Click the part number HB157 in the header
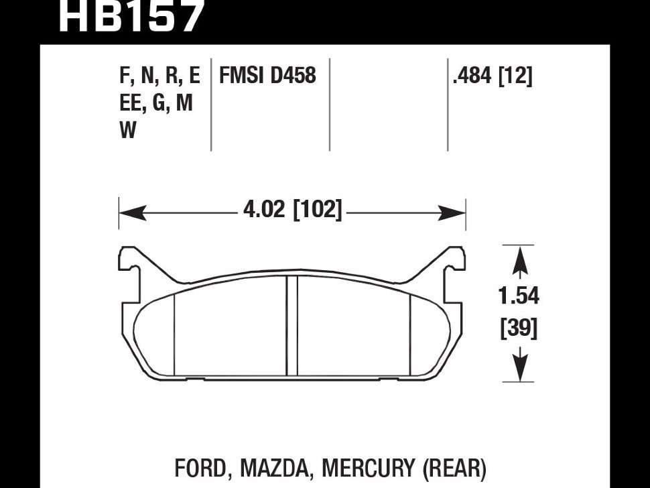click(131, 17)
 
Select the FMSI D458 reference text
click(267, 75)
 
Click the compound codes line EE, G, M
click(156, 104)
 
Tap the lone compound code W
click(128, 131)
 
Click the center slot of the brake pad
click(291, 327)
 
